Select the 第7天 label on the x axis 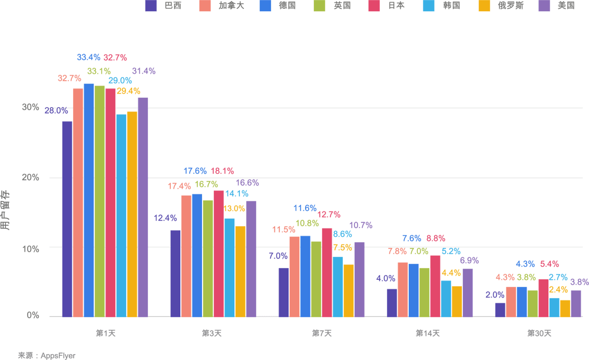coord(322,333)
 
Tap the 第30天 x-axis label coord(539,333)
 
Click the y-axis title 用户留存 coord(5,210)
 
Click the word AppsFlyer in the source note coord(58,356)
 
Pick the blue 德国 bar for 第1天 coord(89,200)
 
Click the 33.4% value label coord(88,57)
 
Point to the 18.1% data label coord(222,171)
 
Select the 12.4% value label coord(166,217)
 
